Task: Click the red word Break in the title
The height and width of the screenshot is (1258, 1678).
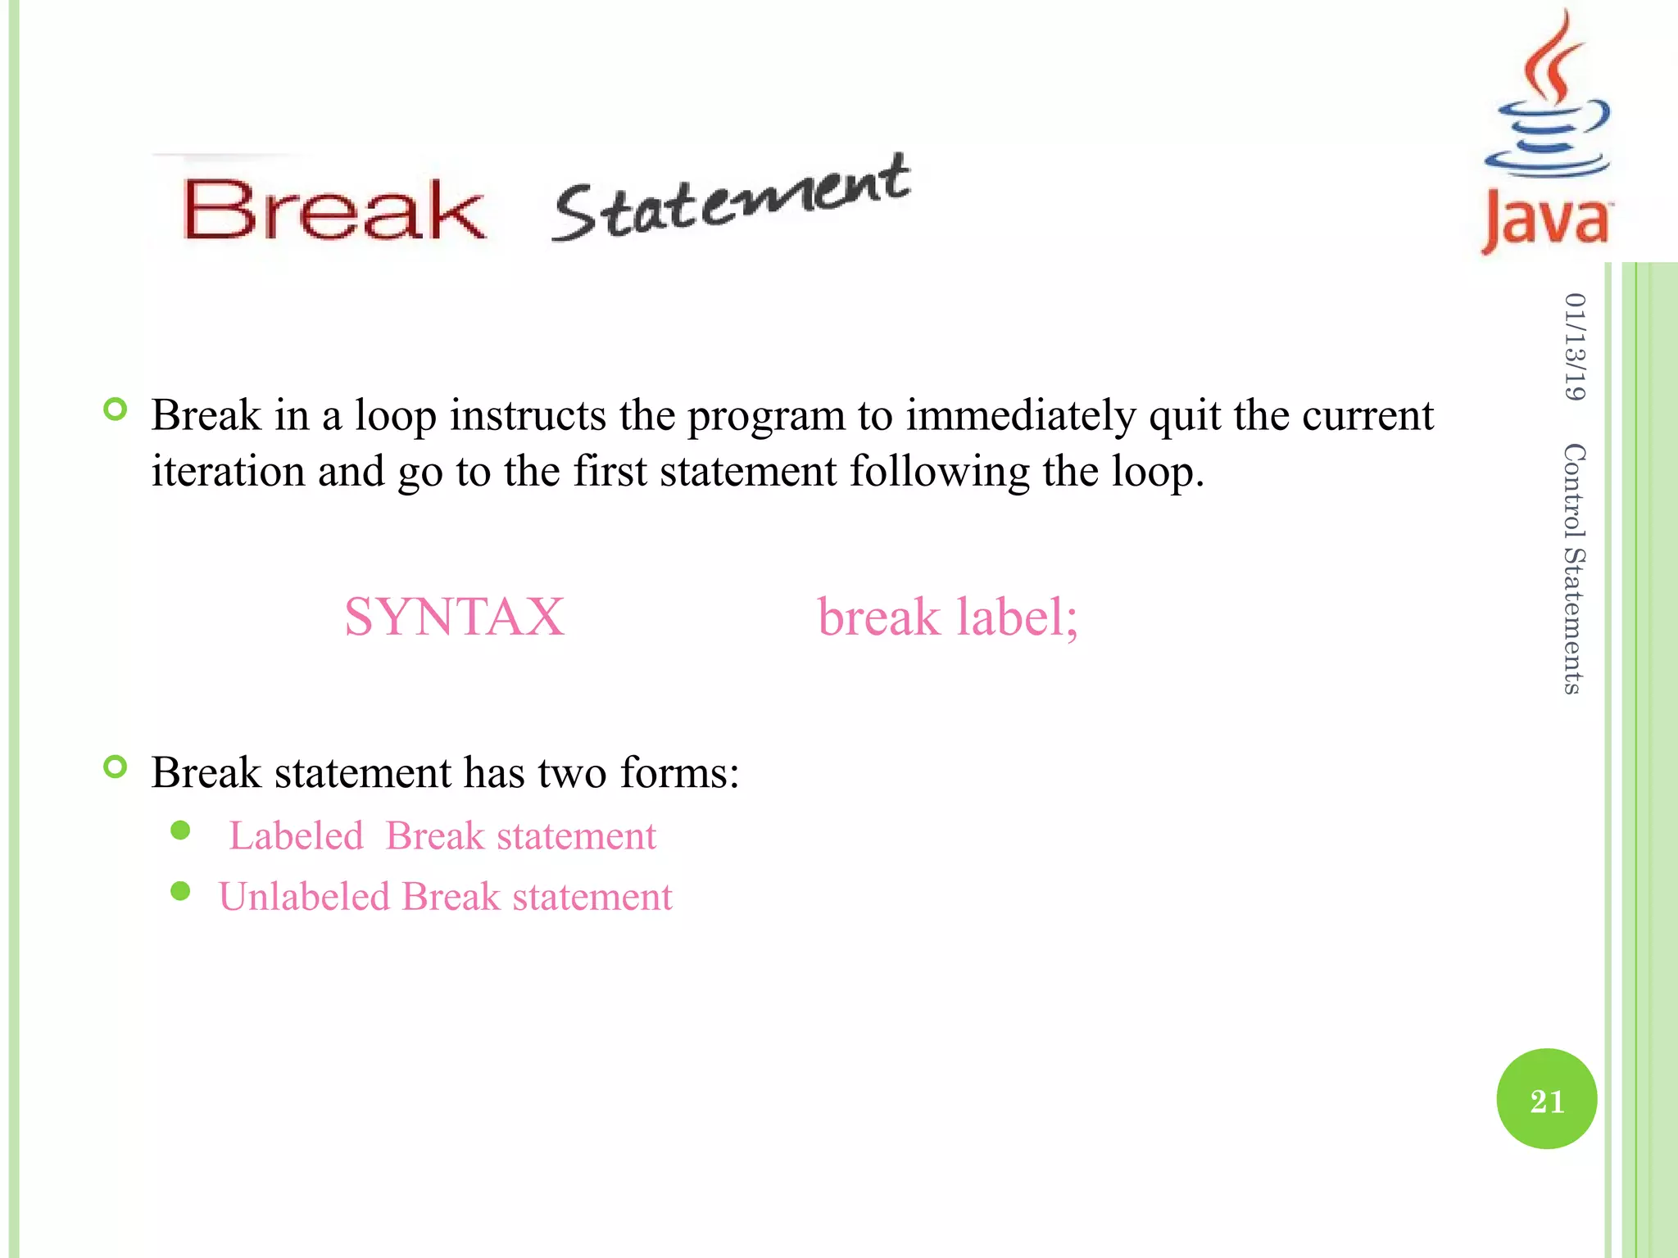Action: click(333, 210)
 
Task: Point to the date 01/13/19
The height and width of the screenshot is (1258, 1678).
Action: click(1574, 346)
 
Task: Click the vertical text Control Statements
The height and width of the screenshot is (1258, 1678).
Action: click(1574, 569)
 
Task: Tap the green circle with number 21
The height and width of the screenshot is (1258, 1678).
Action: click(1546, 1099)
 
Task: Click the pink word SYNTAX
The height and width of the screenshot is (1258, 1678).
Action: click(454, 617)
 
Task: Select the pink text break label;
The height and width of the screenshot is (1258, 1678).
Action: click(948, 617)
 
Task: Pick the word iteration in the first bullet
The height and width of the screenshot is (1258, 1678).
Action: click(228, 472)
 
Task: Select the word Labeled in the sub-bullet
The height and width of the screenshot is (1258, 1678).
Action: click(296, 836)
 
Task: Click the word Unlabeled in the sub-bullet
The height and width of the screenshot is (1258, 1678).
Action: click(304, 897)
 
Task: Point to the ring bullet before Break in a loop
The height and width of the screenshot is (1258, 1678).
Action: click(116, 410)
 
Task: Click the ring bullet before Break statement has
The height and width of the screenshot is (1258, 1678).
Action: click(116, 767)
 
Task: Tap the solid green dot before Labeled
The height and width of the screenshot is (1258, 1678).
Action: click(180, 831)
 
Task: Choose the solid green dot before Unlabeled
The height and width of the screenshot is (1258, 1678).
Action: click(180, 891)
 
